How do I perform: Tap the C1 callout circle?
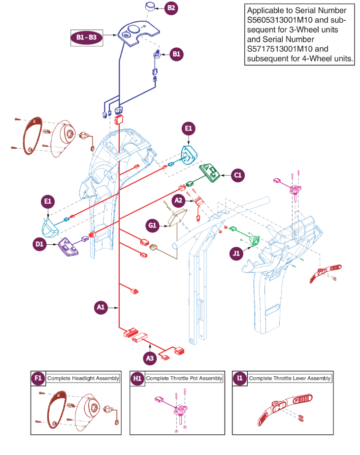click(238, 174)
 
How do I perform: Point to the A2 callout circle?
click(179, 200)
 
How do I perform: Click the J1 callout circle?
click(236, 254)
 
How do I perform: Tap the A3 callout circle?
click(150, 358)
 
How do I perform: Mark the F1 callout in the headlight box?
click(38, 378)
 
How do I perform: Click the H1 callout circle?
click(137, 378)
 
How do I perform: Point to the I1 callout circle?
click(240, 378)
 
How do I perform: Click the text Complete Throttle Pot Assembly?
click(184, 378)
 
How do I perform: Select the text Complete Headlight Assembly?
click(83, 378)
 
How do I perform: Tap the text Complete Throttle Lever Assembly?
click(290, 378)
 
